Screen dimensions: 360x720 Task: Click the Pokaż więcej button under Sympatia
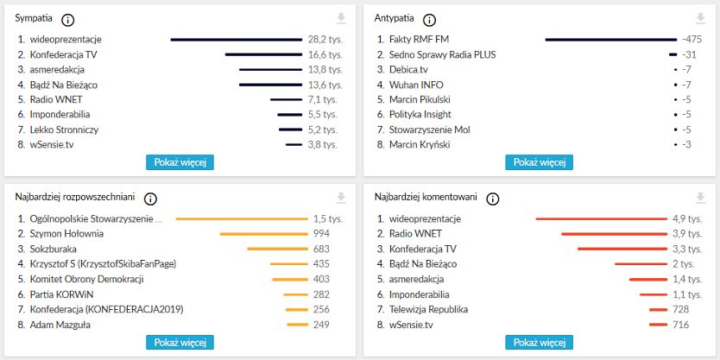pos(180,162)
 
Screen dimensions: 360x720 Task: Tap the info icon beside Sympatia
pos(68,20)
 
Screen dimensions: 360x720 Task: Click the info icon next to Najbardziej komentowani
pos(493,199)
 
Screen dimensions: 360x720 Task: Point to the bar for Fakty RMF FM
pos(610,40)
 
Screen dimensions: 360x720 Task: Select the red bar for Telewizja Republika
pos(659,309)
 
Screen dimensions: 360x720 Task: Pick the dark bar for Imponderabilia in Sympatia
pos(289,115)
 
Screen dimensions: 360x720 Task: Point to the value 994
pos(322,234)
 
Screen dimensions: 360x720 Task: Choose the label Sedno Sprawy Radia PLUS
pos(442,54)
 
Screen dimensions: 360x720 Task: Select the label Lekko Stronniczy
pos(64,129)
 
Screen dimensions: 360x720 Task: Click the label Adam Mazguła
pos(60,325)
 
